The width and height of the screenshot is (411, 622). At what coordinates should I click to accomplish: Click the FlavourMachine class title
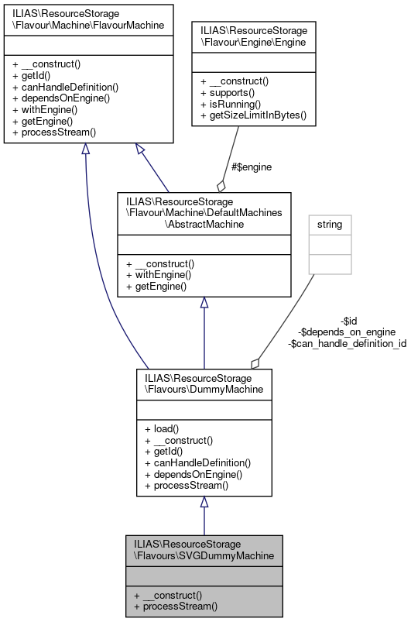tap(87, 19)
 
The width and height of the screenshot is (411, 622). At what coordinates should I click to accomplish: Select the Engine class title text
tap(251, 38)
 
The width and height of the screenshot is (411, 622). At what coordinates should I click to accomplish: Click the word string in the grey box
tap(330, 225)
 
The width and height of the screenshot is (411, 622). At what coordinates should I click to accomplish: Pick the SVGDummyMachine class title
tap(204, 549)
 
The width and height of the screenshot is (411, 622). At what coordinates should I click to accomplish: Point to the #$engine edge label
tap(252, 167)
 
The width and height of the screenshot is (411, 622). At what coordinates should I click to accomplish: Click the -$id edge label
tap(348, 321)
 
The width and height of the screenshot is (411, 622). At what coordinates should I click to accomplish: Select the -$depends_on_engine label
tap(347, 332)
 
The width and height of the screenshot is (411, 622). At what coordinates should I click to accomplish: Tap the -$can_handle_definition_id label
tap(347, 342)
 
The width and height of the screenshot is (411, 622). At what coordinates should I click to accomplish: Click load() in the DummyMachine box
tap(161, 428)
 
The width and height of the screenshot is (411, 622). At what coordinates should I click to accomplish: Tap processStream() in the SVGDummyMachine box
tap(176, 607)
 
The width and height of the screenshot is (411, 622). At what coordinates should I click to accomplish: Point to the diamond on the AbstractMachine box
tap(221, 186)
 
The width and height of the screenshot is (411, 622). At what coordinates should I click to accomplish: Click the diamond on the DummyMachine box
tap(254, 363)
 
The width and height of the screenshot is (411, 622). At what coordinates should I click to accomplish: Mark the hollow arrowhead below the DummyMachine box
tap(204, 503)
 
